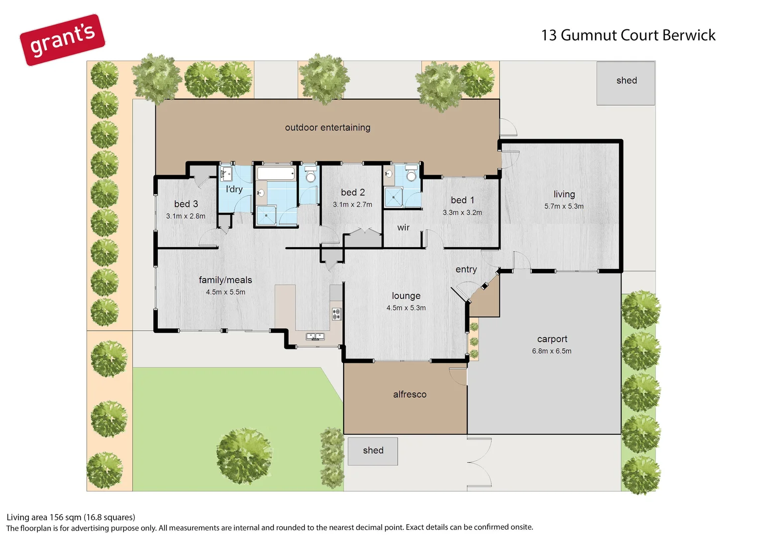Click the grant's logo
[62, 40]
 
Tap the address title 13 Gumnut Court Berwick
[628, 35]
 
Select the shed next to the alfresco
[373, 451]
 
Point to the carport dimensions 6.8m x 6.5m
[551, 351]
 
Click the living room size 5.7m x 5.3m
[564, 206]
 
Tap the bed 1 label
[462, 200]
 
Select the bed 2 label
[353, 192]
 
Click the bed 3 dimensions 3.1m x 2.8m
[186, 216]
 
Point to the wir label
[403, 228]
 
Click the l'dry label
[234, 189]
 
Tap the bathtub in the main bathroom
[276, 174]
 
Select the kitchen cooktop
[336, 314]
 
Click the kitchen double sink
[315, 337]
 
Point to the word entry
[466, 269]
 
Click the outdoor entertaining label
[328, 128]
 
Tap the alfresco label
[409, 395]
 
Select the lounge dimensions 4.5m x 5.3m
[406, 308]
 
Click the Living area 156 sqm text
[71, 517]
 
